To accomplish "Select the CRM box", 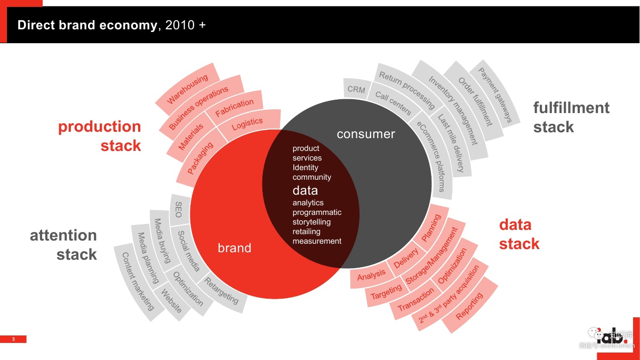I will (x=356, y=90).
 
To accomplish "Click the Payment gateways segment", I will (x=495, y=95).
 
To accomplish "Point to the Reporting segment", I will (x=470, y=306).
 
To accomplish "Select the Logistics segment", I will (x=247, y=124).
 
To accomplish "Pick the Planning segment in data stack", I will (x=431, y=228).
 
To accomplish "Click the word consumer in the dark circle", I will (x=366, y=134).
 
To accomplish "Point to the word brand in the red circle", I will (x=234, y=248).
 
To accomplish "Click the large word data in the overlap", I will (x=305, y=190).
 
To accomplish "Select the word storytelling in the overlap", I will (x=311, y=222).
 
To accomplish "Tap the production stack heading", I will (x=100, y=136).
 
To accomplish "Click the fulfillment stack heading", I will (x=571, y=117).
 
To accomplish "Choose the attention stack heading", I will (x=63, y=245).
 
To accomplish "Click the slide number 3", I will (x=14, y=339).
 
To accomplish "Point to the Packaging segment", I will (x=200, y=158).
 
